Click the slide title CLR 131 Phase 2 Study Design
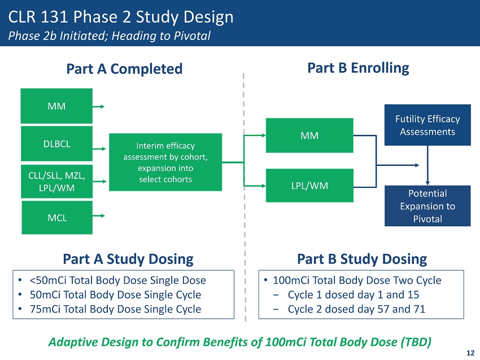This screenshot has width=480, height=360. click(120, 17)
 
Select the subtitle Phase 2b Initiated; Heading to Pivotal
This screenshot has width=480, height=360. click(109, 36)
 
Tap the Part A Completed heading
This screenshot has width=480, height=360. click(124, 69)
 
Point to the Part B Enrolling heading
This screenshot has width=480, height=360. click(358, 68)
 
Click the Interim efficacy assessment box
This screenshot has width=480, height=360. click(165, 162)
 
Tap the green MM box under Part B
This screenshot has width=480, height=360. click(309, 135)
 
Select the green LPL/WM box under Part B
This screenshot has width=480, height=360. click(309, 185)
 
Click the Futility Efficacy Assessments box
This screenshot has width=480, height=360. click(427, 125)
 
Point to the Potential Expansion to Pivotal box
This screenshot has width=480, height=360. click(427, 206)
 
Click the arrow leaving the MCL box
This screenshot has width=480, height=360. click(100, 216)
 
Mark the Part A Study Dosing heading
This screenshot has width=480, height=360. click(128, 259)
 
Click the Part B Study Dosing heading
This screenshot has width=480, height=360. click(361, 259)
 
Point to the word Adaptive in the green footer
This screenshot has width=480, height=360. click(70, 341)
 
